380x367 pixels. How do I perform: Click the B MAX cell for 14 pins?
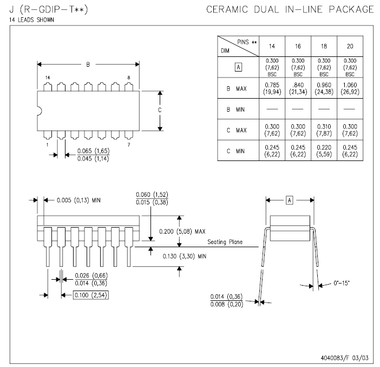[x=272, y=88]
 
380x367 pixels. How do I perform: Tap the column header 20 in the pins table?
[x=350, y=46]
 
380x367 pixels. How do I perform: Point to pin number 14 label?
[x=48, y=78]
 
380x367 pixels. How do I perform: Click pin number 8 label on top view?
[x=129, y=78]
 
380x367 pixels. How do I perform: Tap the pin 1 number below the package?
[x=48, y=145]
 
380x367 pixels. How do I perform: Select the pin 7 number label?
[x=129, y=145]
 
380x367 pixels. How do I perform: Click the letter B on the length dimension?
[x=88, y=65]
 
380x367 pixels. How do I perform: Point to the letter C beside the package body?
[x=160, y=110]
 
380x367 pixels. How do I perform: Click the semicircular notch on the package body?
[x=40, y=111]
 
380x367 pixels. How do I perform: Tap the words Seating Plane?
[x=225, y=242]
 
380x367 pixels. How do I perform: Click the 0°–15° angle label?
[x=342, y=283]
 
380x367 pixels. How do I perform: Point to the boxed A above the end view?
[x=290, y=201]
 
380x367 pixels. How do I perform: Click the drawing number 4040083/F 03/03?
[x=344, y=358]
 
